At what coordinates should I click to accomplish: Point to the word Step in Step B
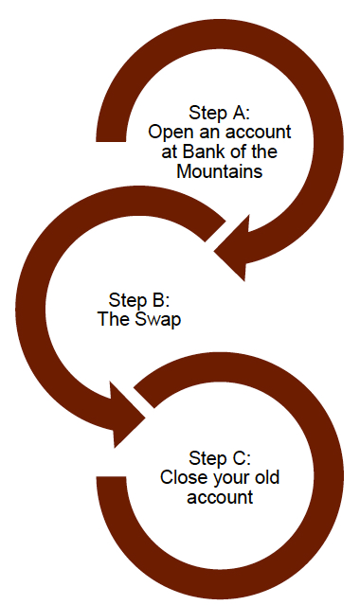tap(119, 299)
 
